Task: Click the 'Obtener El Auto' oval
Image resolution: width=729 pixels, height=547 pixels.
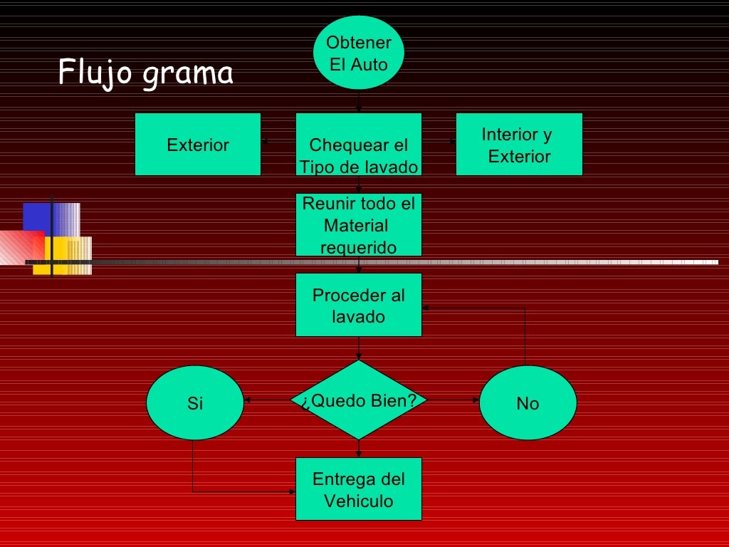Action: point(358,53)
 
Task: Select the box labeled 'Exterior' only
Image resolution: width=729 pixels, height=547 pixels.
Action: point(198,145)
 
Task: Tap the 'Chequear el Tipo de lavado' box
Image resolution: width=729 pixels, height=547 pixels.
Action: point(358,145)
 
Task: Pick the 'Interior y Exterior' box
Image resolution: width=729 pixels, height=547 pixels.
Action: point(519,145)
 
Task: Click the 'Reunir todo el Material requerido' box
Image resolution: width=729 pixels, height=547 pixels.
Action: point(358,224)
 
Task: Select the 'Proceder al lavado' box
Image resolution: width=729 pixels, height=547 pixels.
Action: point(358,305)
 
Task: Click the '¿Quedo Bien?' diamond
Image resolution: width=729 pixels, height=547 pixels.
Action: point(358,400)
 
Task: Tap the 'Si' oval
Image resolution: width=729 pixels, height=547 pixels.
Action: point(194,402)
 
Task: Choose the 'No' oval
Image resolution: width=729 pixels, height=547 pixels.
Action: point(528,402)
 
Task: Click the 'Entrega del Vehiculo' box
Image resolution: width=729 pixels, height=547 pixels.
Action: point(358,489)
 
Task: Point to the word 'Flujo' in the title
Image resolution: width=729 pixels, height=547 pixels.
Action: point(96,72)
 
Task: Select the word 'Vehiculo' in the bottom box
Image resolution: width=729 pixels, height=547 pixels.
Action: point(358,501)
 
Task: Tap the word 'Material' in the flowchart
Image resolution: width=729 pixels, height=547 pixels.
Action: point(355,226)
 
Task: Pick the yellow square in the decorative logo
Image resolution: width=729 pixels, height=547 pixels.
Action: point(57,253)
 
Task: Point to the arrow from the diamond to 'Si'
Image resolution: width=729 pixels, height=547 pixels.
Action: point(267,400)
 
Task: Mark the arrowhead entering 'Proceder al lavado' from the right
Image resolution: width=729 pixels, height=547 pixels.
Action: point(426,308)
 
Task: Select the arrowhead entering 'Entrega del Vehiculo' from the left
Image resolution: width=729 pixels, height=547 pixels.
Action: point(292,491)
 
